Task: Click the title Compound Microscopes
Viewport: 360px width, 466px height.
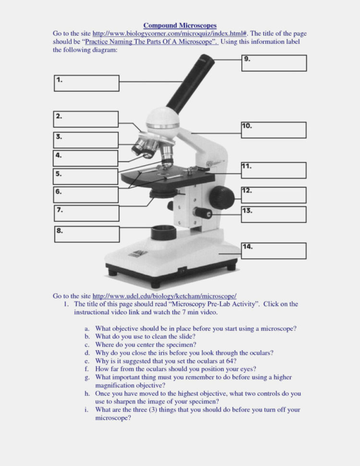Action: coord(180,25)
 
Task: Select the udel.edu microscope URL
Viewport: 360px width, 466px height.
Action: coord(164,296)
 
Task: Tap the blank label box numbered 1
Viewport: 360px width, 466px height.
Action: coord(86,83)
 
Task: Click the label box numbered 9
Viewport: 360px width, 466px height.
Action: coord(273,63)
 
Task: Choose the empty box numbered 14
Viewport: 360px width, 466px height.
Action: coord(273,250)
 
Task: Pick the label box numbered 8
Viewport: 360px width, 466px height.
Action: coord(86,234)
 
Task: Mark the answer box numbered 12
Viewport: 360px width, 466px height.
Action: coord(273,195)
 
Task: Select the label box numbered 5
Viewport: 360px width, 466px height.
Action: coord(86,176)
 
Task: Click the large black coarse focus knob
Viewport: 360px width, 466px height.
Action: coord(222,196)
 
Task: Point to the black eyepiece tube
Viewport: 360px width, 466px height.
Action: coord(189,84)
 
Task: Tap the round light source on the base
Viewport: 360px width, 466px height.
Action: coord(164,233)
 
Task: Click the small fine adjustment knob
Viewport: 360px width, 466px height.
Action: coord(201,212)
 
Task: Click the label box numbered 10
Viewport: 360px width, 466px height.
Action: coord(273,130)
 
